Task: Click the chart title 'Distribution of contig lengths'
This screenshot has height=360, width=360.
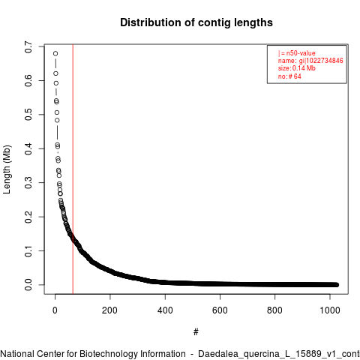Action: pos(196,22)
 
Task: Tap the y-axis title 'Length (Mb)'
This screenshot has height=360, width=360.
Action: pos(7,169)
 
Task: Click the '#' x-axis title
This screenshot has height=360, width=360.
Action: pos(196,332)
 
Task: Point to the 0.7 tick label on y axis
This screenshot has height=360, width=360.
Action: pos(28,46)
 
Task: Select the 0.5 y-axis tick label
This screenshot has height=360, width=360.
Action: pos(28,115)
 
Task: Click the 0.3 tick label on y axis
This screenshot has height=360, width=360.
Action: pos(28,183)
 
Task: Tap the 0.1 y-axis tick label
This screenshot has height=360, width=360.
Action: pos(28,250)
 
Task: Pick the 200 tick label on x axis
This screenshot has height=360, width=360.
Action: pos(109,310)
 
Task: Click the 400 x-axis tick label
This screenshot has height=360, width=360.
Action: pos(165,310)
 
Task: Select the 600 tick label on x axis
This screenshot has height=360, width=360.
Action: pos(220,310)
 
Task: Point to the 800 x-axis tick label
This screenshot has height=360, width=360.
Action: pos(274,310)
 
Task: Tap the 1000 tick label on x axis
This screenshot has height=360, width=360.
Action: pos(330,310)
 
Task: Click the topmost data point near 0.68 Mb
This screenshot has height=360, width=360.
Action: pos(55,53)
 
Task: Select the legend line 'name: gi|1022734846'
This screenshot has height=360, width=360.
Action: pos(310,61)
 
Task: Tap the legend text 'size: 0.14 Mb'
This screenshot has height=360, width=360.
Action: pos(297,68)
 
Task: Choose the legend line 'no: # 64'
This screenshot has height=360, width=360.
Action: pos(289,76)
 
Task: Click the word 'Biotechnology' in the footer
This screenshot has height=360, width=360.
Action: pos(132,354)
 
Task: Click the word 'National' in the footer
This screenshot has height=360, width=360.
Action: pos(17,354)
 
